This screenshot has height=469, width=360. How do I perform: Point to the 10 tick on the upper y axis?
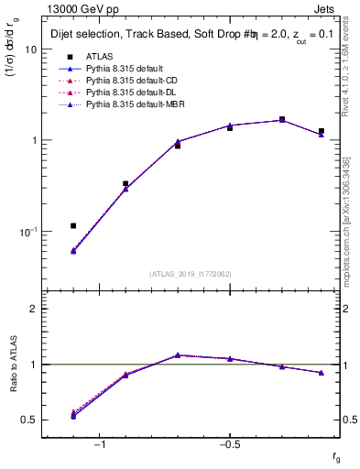click(29, 49)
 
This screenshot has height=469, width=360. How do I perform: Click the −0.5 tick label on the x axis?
click(228, 445)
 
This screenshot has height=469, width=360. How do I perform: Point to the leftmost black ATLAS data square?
click(73, 225)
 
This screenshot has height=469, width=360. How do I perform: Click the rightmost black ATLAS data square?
click(321, 131)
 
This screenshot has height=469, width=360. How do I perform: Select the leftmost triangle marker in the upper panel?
click(73, 250)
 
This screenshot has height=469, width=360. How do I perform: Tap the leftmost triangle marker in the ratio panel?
click(73, 415)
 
